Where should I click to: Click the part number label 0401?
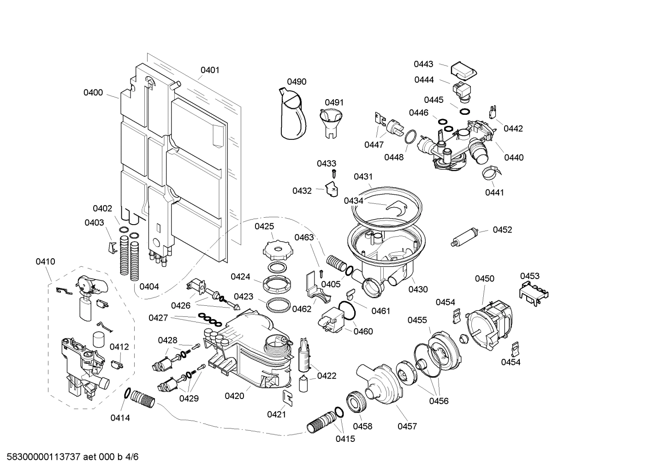point(210,70)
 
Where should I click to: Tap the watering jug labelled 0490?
point(292,114)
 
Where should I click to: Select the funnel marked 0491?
point(331,123)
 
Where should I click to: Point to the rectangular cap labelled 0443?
point(464,71)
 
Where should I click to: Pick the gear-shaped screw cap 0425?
point(278,251)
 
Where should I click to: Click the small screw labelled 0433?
point(334,174)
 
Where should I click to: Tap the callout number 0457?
point(407,426)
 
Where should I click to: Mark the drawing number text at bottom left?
point(72,457)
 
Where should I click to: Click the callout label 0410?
point(45,262)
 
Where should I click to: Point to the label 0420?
point(235,396)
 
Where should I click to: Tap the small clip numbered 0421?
point(287,398)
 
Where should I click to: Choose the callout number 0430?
point(418,289)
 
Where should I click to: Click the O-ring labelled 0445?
point(464,112)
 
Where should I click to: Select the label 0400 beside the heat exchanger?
point(93,93)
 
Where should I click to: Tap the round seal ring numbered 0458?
point(356,402)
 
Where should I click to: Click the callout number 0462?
point(302,309)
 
